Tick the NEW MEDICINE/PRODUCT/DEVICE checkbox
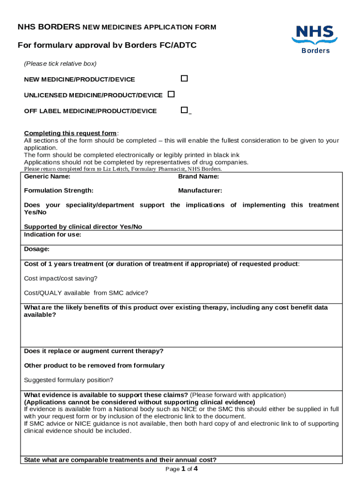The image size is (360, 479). [x=184, y=79]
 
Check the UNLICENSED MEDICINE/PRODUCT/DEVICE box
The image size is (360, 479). [x=171, y=94]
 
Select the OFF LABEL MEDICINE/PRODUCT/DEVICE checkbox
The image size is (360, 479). [x=184, y=110]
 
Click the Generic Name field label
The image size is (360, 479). [x=47, y=176]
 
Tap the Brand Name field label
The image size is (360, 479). [x=199, y=176]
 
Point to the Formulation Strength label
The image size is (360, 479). [x=58, y=190]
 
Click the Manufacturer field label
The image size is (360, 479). [x=200, y=190]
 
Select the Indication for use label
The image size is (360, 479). [x=52, y=234]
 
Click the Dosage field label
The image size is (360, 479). [x=36, y=249]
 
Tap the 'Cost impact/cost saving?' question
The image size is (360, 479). [x=61, y=278]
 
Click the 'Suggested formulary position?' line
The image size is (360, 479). [x=69, y=380]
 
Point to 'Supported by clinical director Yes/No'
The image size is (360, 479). [x=83, y=227]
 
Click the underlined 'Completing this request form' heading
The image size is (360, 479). [x=70, y=133]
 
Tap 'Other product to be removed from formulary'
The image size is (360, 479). [x=94, y=365]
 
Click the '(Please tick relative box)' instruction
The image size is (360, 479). [x=60, y=64]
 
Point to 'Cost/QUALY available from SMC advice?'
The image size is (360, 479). [x=86, y=293]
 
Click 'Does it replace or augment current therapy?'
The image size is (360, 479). [x=94, y=351]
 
